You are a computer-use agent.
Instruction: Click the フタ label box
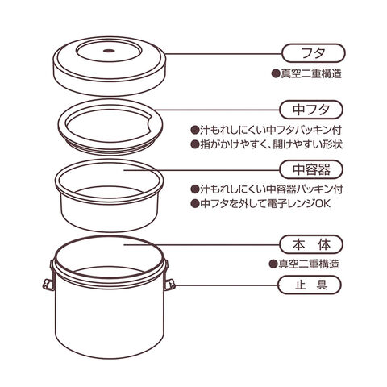313,53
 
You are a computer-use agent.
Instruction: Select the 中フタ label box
311,110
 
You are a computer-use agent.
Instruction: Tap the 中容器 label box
311,169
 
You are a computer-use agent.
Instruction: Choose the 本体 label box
311,244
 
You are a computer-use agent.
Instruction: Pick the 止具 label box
310,285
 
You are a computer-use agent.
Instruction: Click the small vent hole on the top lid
109,50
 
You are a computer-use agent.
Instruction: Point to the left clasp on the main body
48,285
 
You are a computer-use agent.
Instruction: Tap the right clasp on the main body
169,285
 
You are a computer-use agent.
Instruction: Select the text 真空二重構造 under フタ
311,73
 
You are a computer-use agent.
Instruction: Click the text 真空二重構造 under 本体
309,264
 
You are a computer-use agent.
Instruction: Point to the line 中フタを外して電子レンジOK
264,203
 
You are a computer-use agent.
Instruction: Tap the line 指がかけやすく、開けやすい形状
271,144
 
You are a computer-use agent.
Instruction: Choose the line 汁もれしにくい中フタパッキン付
271,130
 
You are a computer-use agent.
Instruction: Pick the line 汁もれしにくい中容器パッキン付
272,189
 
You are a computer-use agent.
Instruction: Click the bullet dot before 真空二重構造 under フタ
276,73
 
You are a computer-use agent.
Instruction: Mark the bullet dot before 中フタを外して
194,203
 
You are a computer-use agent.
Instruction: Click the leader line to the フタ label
223,54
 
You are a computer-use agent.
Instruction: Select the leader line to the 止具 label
227,285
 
